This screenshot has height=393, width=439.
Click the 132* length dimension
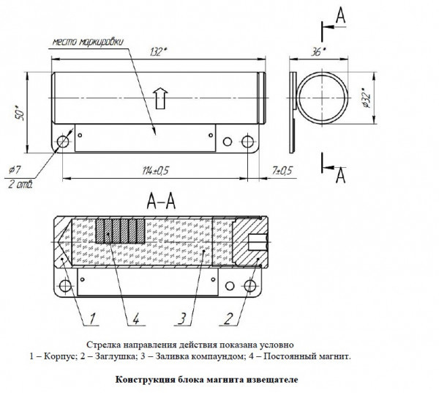[157, 51]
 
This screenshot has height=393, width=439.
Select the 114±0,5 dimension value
[157, 170]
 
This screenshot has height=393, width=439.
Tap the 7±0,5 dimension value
[282, 170]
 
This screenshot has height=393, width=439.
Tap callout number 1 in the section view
[94, 317]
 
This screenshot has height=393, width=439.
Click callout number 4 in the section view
[135, 317]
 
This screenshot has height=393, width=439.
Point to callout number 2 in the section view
[230, 317]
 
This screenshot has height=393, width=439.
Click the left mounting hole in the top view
[62, 141]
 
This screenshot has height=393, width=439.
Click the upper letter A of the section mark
[340, 15]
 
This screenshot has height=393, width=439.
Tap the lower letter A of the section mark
[340, 176]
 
